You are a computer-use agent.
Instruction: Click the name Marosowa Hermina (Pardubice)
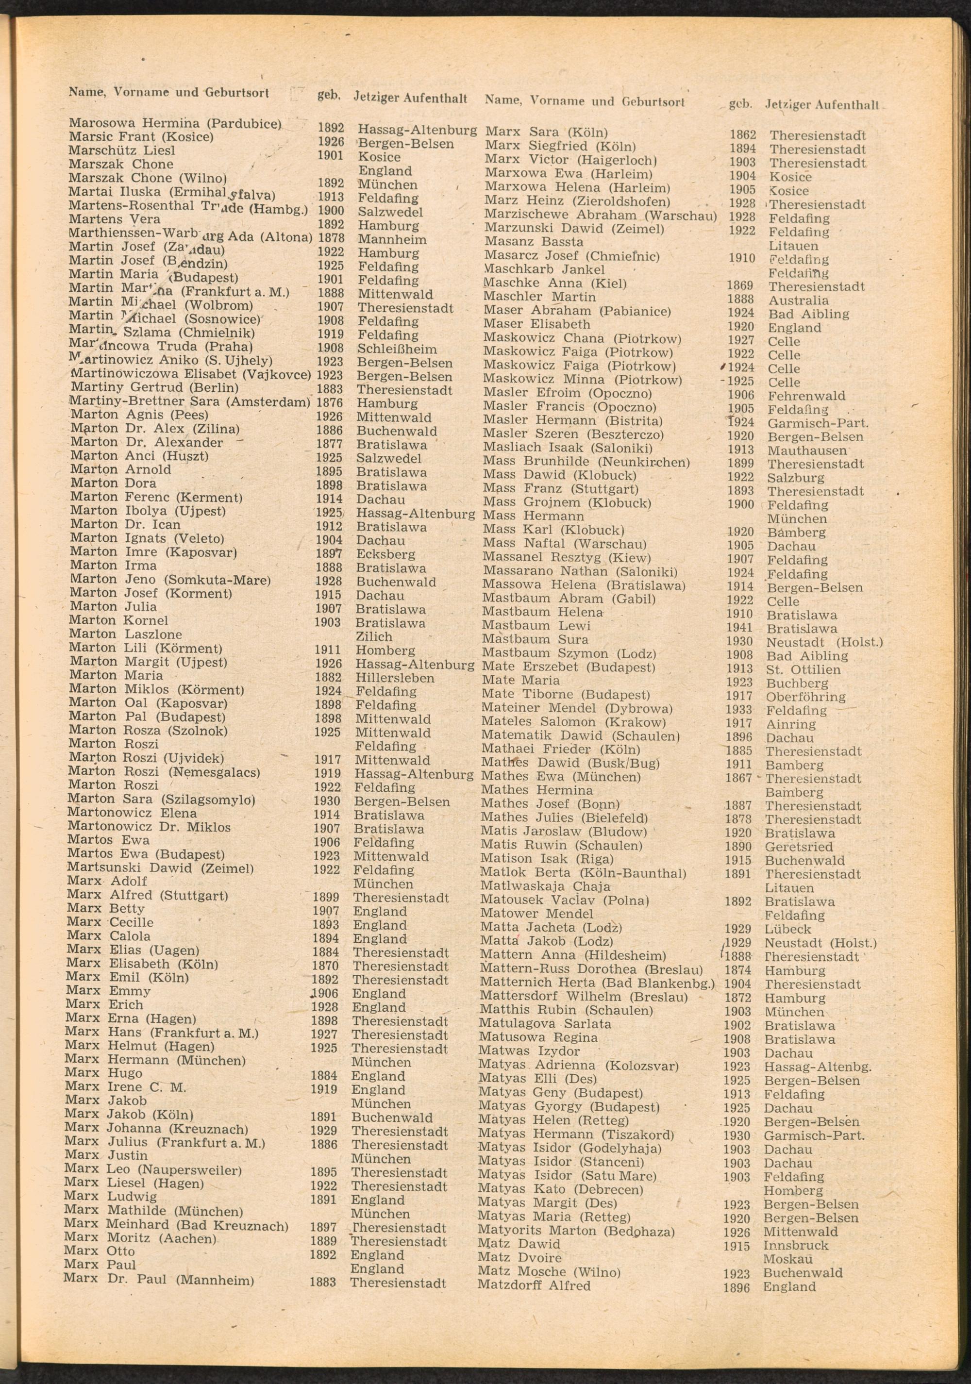pyautogui.click(x=175, y=124)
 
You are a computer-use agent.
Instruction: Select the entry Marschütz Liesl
pyautogui.click(x=122, y=150)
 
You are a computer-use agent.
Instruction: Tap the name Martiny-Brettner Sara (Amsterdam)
pyautogui.click(x=190, y=402)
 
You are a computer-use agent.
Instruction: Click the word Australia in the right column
pyautogui.click(x=798, y=300)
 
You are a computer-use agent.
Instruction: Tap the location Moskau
pyautogui.click(x=788, y=1259)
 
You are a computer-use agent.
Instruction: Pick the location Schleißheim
pyautogui.click(x=397, y=349)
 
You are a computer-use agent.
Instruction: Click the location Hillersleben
pyautogui.click(x=394, y=678)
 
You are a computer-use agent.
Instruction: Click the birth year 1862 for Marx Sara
pyautogui.click(x=742, y=135)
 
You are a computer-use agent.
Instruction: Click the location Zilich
pyautogui.click(x=374, y=636)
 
